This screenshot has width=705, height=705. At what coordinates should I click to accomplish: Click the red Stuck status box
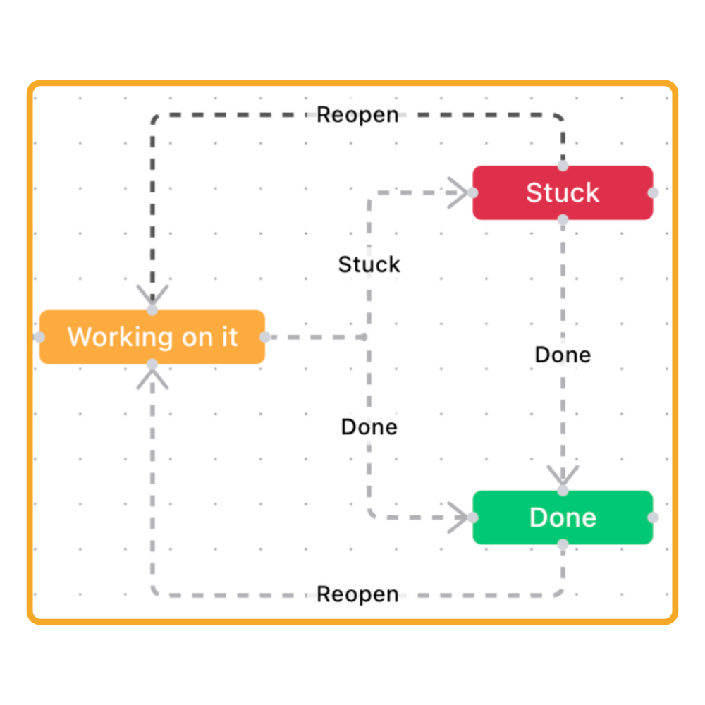click(562, 192)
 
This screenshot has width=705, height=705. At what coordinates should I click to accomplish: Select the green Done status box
click(562, 517)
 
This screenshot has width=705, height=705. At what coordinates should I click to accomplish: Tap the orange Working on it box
click(152, 337)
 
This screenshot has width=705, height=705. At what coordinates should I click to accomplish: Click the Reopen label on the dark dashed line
click(357, 114)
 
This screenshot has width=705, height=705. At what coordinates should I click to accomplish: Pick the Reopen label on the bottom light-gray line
click(357, 594)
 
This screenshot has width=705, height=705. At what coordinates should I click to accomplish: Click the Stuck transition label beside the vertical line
click(369, 264)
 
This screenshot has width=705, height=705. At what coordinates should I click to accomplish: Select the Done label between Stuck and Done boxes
click(563, 355)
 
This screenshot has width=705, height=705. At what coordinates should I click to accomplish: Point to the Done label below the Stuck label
click(369, 427)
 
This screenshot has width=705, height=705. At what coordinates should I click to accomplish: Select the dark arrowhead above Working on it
click(152, 295)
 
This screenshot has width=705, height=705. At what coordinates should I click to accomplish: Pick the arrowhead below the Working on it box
click(152, 379)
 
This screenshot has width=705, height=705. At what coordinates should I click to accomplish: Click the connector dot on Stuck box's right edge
click(654, 192)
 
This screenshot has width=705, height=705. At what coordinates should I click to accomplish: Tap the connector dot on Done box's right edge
click(654, 517)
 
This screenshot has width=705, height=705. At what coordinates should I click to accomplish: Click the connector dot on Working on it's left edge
click(39, 337)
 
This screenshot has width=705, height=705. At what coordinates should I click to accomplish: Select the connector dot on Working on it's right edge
click(265, 337)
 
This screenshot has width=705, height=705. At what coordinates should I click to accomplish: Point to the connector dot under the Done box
click(563, 544)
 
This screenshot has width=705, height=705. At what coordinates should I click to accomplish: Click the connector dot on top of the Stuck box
click(563, 166)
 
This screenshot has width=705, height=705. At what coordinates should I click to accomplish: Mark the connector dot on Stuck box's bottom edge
click(563, 219)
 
